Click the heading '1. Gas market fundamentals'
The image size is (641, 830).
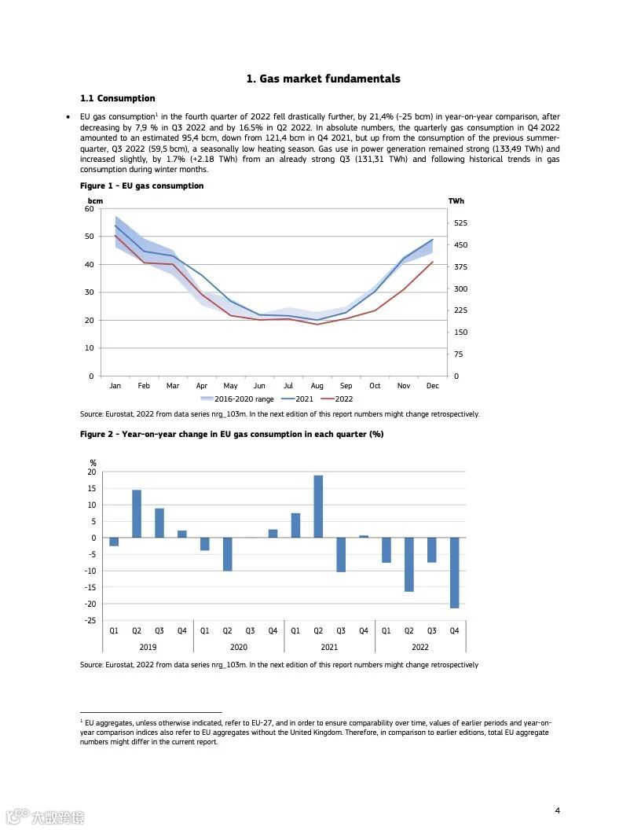323,79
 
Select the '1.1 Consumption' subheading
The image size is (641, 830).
117,98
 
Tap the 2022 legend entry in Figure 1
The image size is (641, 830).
339,399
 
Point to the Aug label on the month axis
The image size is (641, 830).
317,386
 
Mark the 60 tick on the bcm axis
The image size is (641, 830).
89,209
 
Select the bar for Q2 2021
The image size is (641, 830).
318,506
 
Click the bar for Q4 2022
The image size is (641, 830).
454,572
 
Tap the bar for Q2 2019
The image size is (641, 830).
137,513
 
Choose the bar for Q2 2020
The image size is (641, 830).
227,554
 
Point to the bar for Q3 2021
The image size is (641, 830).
341,554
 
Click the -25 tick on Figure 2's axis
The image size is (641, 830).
90,620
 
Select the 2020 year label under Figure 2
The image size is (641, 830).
238,648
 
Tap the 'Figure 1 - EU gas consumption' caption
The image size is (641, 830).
141,186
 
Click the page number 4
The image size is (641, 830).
557,810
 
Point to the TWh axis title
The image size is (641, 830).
456,201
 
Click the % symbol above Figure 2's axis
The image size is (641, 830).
93,463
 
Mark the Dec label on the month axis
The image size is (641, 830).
432,386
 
